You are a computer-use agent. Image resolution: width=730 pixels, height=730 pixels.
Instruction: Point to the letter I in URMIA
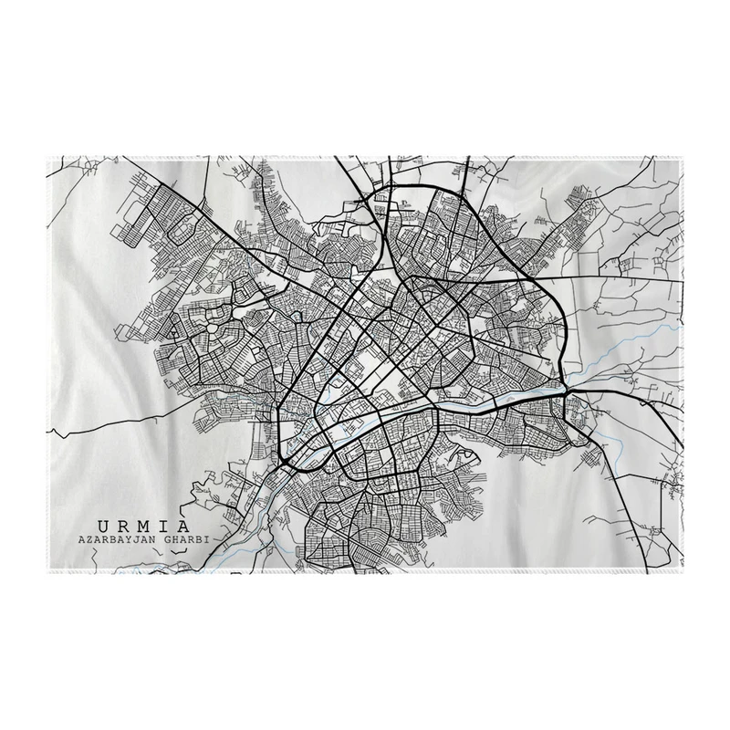click(x=164, y=526)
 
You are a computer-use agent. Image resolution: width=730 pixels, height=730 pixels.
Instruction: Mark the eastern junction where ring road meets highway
click(x=567, y=391)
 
